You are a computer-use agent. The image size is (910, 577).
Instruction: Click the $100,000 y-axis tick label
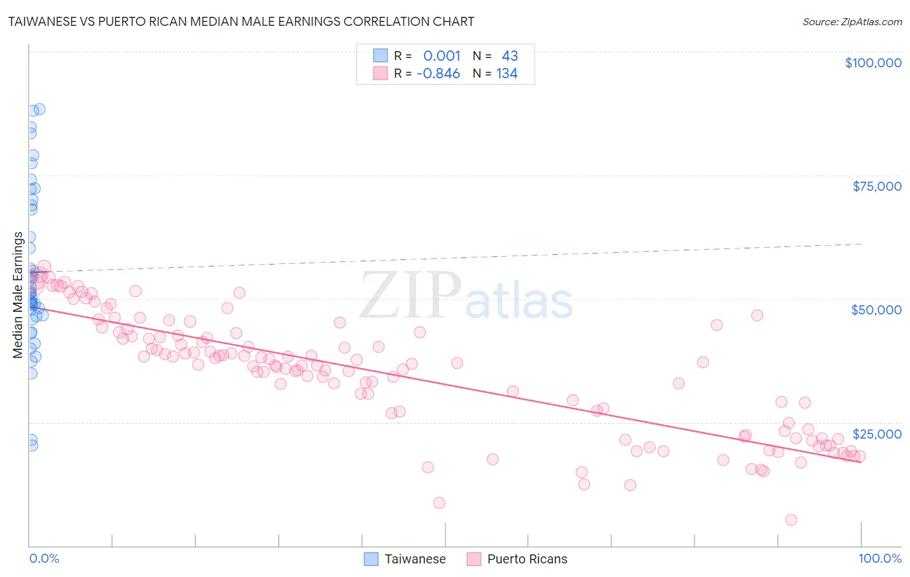coord(873,63)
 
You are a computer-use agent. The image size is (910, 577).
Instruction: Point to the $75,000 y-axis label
coord(877,186)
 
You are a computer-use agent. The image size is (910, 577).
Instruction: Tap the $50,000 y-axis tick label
coord(876,310)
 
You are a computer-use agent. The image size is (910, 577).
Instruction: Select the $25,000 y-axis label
coord(876,433)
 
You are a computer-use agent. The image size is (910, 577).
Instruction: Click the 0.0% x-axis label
coord(44,558)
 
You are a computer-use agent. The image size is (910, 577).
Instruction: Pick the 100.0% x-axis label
coord(880,558)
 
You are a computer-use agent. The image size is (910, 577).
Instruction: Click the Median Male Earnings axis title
coord(17,295)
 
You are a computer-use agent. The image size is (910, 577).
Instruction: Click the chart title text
coord(241,21)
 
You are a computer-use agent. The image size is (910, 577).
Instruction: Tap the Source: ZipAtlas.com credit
coord(852,21)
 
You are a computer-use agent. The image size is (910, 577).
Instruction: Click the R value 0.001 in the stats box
coord(442,56)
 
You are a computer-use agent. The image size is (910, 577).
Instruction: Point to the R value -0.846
coord(438,74)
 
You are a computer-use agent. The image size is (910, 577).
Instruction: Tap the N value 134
coord(507,74)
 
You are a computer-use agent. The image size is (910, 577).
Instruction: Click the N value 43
coord(509,56)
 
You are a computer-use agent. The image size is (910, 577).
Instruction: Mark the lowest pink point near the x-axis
coord(791,519)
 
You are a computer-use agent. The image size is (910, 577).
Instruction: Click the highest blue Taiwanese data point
coord(39,109)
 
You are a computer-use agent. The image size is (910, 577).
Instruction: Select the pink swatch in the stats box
coord(380,73)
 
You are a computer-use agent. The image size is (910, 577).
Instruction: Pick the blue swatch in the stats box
coord(380,56)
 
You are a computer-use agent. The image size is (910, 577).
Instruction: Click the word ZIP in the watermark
coord(410,295)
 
